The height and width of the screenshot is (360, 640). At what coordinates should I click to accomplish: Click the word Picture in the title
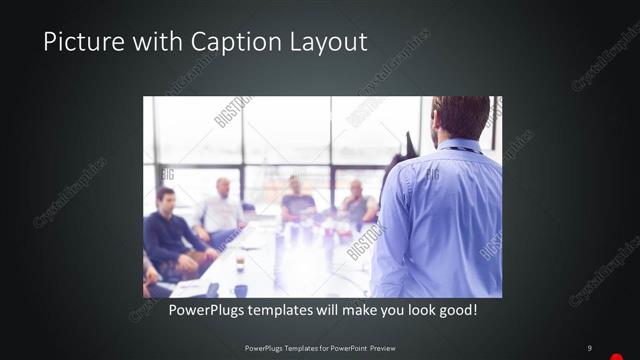click(x=77, y=43)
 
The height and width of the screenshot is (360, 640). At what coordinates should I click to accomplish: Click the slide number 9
click(x=590, y=348)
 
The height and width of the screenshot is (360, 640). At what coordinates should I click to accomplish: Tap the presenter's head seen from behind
click(x=461, y=117)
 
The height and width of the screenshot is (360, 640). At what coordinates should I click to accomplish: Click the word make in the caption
click(x=345, y=311)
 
